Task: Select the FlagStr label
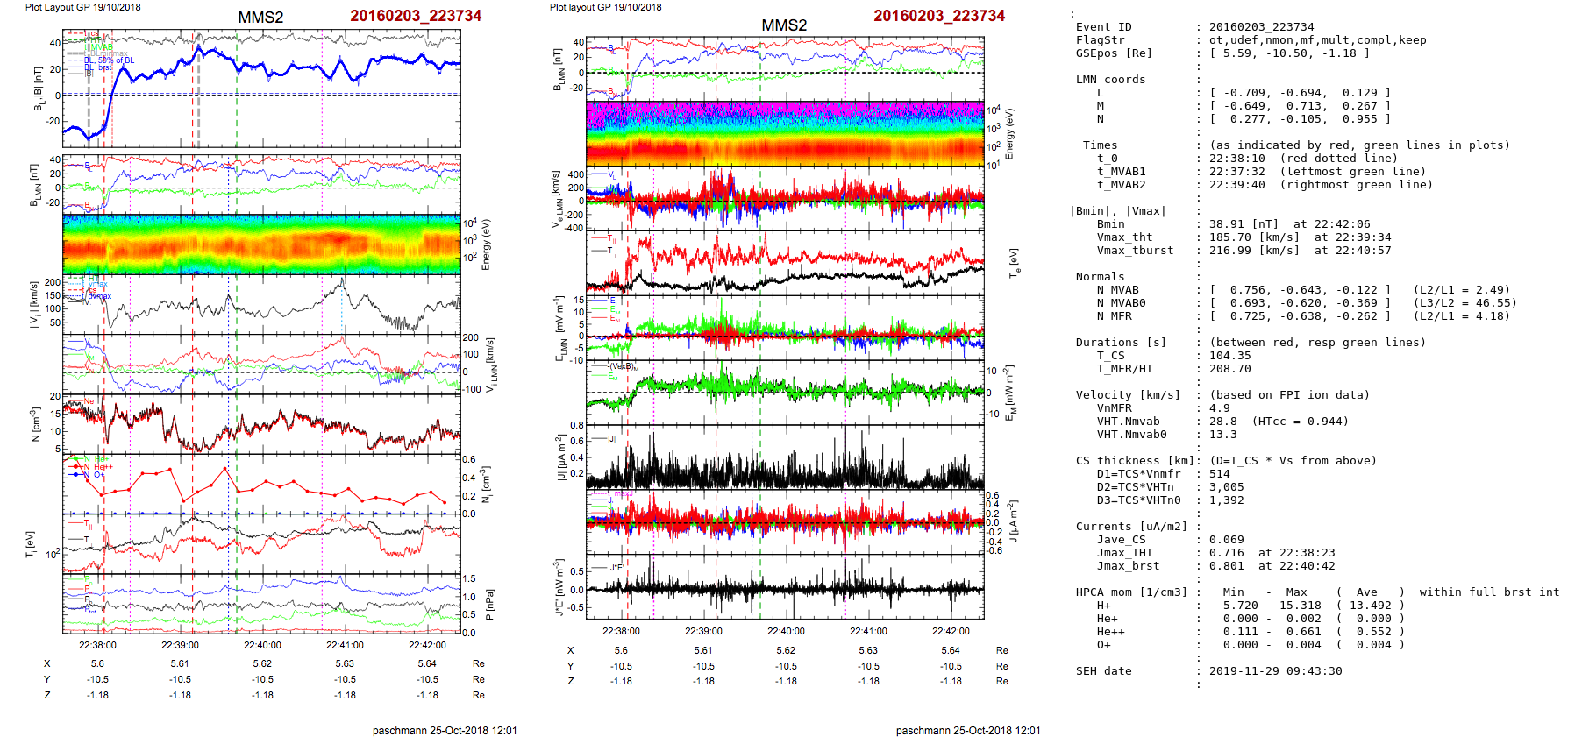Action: click(x=1100, y=40)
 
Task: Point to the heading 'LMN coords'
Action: click(x=1110, y=80)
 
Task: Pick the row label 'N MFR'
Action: click(x=1114, y=316)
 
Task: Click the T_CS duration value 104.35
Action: click(x=1229, y=356)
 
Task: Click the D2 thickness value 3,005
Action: click(x=1226, y=487)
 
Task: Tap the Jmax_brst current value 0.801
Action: click(x=1226, y=566)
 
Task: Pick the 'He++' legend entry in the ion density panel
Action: click(x=103, y=467)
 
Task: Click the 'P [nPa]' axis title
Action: click(x=489, y=604)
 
